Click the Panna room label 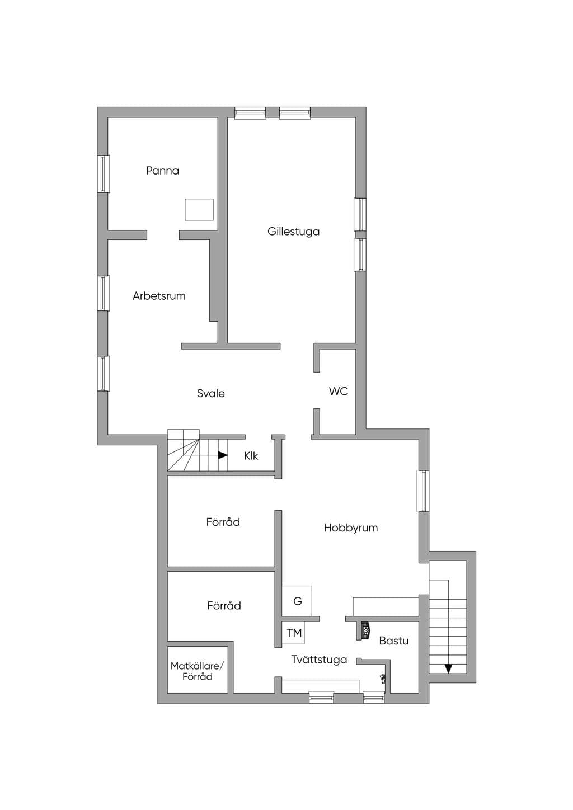162,171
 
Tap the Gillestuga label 293,232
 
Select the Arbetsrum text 159,296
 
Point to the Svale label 210,393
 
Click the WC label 338,391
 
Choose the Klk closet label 251,455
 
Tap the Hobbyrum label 350,528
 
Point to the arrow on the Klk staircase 223,455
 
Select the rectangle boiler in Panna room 199,209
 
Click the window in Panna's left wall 104,174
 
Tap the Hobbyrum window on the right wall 422,491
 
